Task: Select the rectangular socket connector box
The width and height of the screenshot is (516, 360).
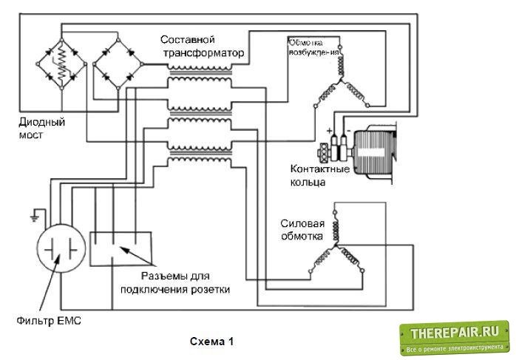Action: point(121,248)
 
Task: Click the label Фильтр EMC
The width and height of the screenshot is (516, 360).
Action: point(47,320)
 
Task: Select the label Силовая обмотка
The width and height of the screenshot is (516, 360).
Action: point(301,231)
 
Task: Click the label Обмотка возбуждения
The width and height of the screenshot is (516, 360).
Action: point(313,48)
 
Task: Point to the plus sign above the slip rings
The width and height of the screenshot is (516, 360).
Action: point(327,130)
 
